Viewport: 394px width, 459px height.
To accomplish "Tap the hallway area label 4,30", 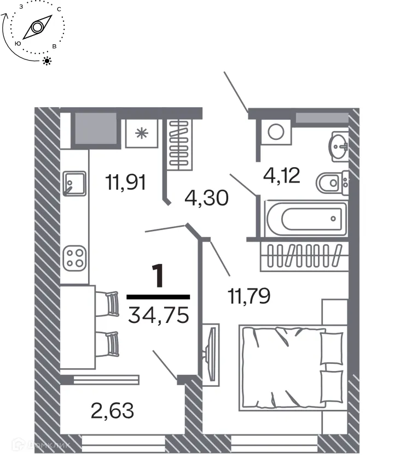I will pos(206,196).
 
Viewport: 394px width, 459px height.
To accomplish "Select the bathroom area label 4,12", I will pos(282,176).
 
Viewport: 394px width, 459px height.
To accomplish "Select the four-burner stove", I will pos(74,258).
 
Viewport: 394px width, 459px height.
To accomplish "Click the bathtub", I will pos(305,219).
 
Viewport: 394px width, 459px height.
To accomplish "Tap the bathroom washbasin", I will pos(338,146).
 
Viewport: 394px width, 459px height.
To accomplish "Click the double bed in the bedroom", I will pos(290,367).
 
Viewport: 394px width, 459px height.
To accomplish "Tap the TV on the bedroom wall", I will pos(210,352).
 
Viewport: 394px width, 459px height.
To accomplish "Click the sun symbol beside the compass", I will pos(48,61).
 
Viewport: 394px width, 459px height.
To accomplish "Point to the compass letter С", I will pos(58,9).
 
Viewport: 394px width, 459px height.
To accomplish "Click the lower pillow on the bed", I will pos(331,386).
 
